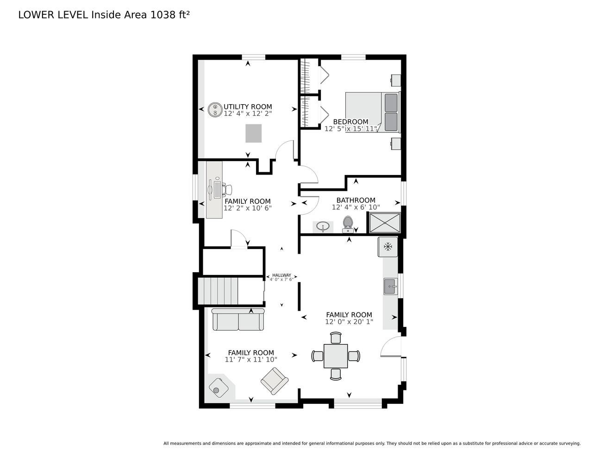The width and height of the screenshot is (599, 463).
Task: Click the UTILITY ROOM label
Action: tap(248, 106)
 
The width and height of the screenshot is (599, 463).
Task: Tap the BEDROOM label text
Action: tap(350, 122)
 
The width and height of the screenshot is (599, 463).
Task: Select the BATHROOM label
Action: tap(356, 200)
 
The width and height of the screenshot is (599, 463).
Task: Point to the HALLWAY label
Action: tap(281, 275)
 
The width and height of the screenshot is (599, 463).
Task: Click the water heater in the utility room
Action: tap(215, 109)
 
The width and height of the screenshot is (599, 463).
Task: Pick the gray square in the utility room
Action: tap(253, 133)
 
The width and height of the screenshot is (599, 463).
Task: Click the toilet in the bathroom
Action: tap(348, 224)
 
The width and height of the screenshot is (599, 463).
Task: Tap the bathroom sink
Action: tap(323, 227)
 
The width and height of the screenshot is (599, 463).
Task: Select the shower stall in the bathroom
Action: tap(385, 222)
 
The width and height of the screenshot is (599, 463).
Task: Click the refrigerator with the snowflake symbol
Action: tap(387, 246)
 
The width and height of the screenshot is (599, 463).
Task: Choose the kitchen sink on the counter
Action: tap(391, 286)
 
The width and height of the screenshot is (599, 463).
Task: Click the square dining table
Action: tap(336, 356)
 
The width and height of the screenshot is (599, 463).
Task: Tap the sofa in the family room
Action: tap(238, 319)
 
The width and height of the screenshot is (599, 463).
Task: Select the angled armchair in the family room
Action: tap(275, 381)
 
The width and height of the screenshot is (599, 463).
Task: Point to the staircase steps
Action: tap(218, 291)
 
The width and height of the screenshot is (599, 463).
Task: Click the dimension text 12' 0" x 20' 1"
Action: tap(349, 322)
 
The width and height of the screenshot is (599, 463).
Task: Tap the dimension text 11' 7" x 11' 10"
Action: tap(251, 359)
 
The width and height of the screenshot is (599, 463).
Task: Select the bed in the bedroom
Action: tap(372, 112)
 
